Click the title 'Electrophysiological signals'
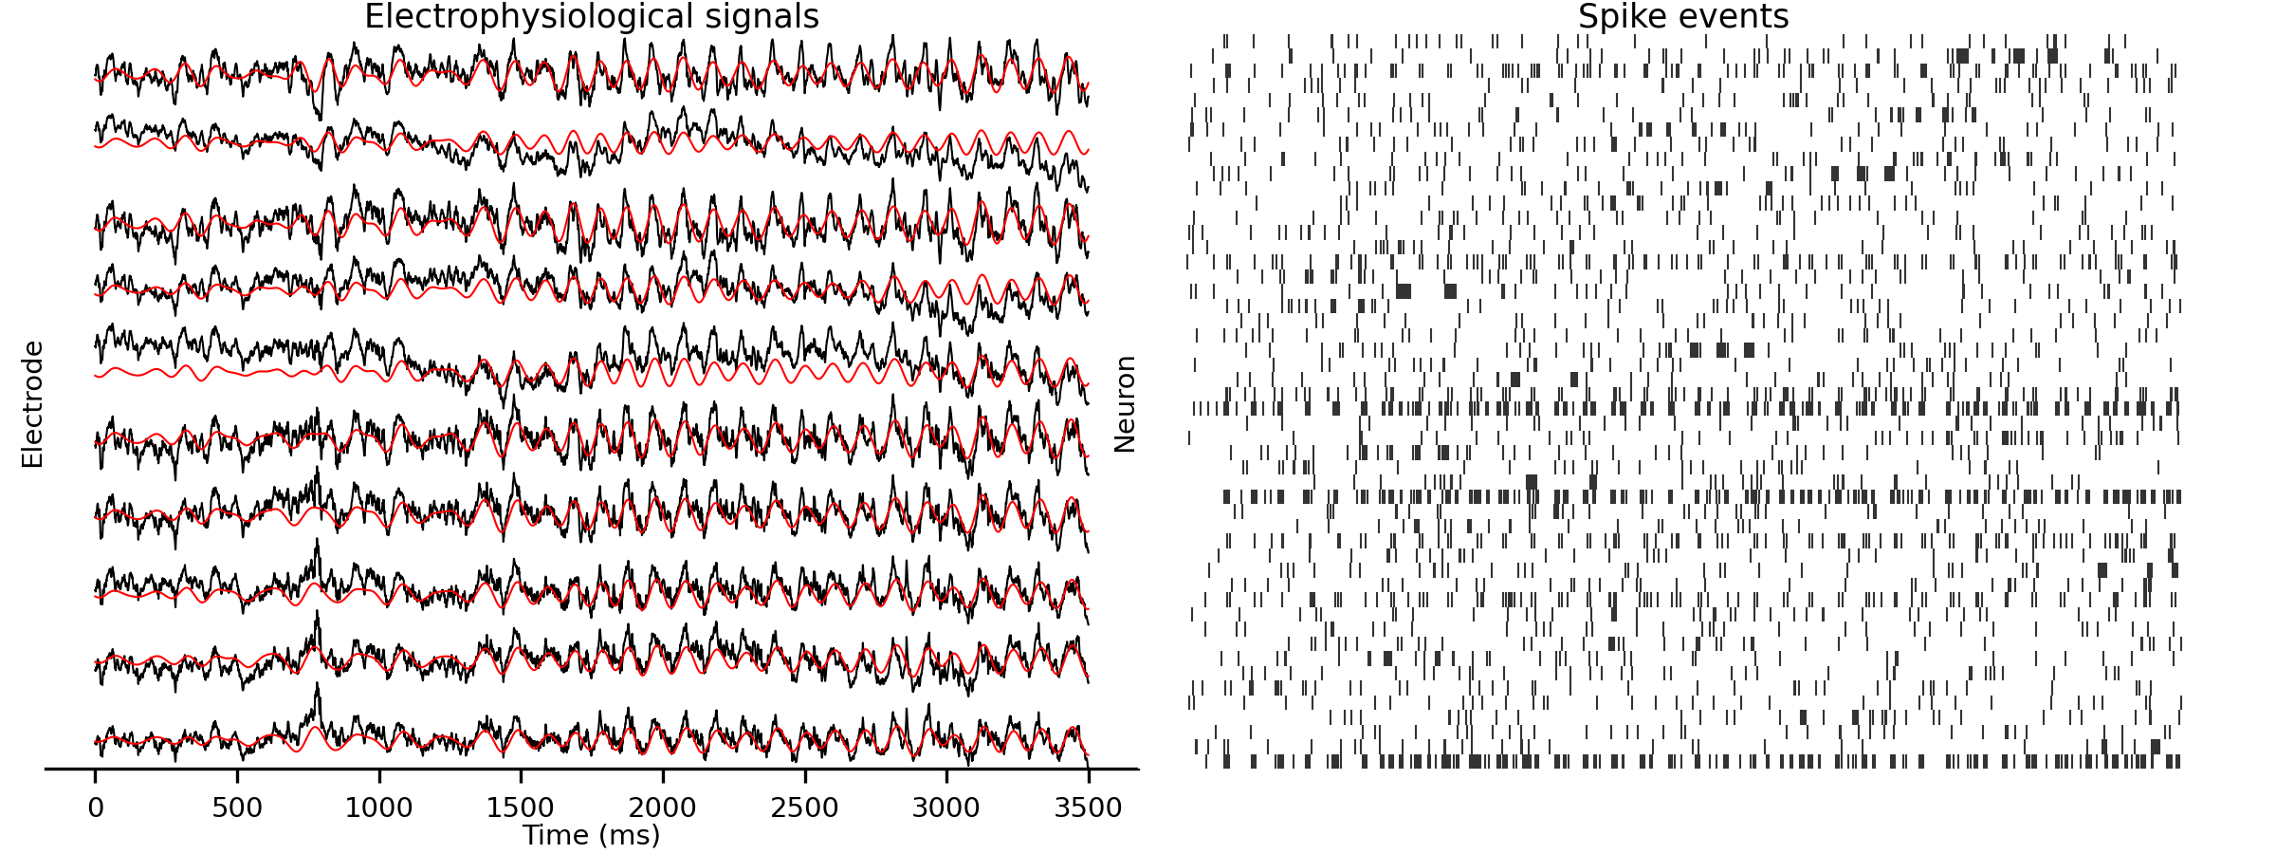[591, 17]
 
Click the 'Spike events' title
[1683, 17]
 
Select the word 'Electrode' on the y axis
[32, 404]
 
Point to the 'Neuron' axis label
[1125, 404]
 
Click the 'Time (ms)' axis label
[591, 835]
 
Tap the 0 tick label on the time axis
[95, 808]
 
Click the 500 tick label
[237, 808]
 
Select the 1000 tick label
[378, 808]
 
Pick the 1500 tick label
[521, 808]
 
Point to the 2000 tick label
[662, 808]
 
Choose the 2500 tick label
[804, 808]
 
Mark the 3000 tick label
[945, 808]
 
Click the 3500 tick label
[1088, 808]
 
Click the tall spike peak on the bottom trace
[317, 685]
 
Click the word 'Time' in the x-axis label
[556, 835]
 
